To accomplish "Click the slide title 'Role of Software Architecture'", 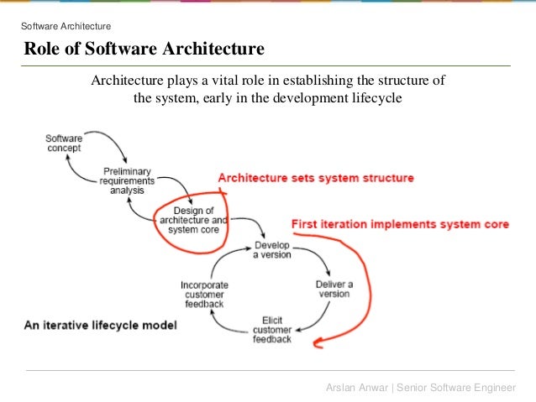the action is (x=144, y=50).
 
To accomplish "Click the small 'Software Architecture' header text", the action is (x=65, y=26).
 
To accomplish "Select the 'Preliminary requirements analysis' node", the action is (x=127, y=179).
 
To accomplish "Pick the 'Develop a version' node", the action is (x=272, y=249).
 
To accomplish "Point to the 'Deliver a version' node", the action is (x=334, y=289).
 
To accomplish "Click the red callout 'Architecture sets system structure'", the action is (x=316, y=178).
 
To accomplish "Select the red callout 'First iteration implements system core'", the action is (x=400, y=224).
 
